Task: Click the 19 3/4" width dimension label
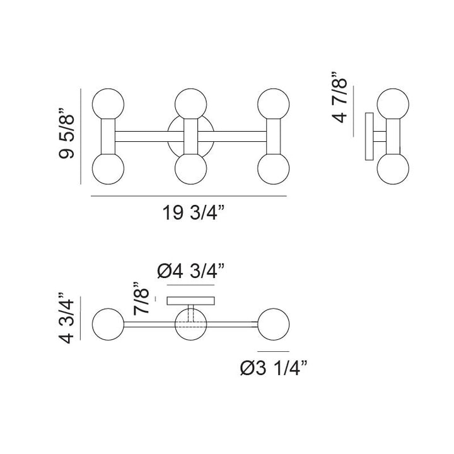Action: click(194, 212)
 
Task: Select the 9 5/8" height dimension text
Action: click(67, 134)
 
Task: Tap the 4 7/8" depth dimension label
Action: click(339, 97)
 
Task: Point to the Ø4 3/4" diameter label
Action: click(191, 271)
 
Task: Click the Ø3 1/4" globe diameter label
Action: click(273, 368)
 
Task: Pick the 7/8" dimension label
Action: click(141, 298)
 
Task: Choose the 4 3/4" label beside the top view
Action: click(67, 318)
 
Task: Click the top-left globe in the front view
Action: click(108, 104)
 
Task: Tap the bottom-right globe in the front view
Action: click(273, 168)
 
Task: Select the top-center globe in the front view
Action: click(191, 104)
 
